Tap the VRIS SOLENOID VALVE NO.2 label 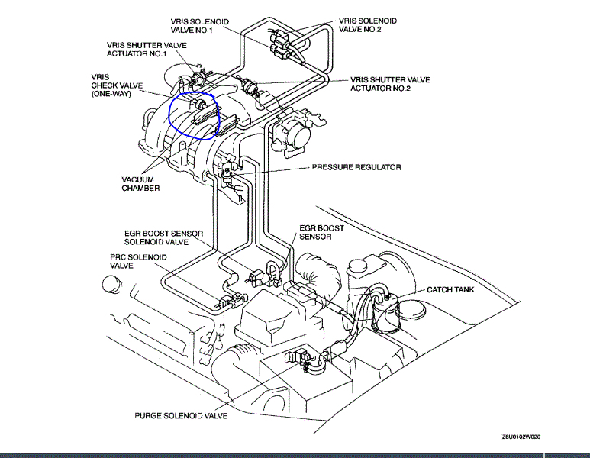click(x=367, y=24)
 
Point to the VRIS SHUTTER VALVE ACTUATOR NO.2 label click(x=390, y=84)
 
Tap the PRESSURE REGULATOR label click(x=356, y=167)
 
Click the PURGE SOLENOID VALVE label click(x=181, y=416)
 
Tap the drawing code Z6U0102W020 click(x=526, y=437)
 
